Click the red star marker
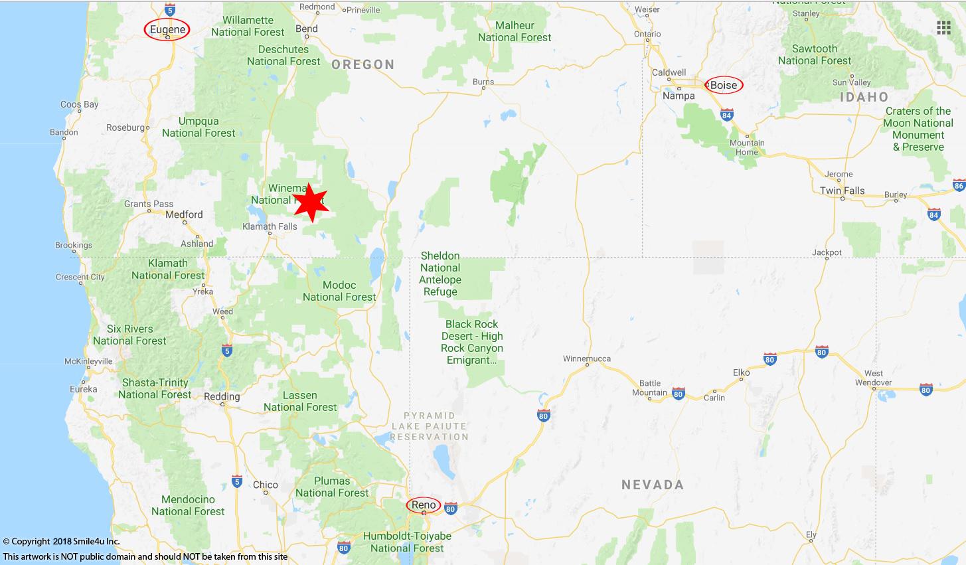(x=311, y=202)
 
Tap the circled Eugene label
(x=167, y=30)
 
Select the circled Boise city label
(x=724, y=85)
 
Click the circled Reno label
(x=424, y=505)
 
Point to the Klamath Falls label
(x=270, y=226)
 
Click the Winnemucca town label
(x=586, y=359)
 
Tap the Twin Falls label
(x=842, y=191)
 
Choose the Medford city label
(x=184, y=214)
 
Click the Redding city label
(x=222, y=396)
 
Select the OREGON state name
(x=363, y=64)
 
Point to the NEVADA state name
(x=653, y=485)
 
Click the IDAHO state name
(x=864, y=97)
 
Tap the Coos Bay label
(x=79, y=104)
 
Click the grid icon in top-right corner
(x=943, y=27)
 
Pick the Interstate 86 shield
(x=958, y=185)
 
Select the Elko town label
(x=741, y=372)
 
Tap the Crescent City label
(x=80, y=277)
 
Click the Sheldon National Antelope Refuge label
(x=440, y=274)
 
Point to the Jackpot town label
(x=827, y=252)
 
